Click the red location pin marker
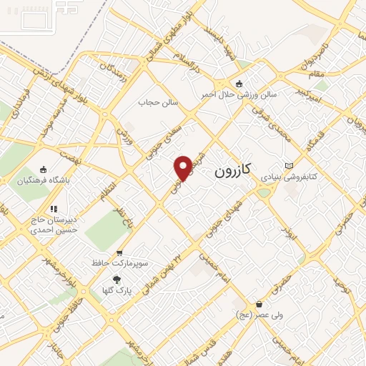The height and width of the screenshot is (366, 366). (183, 167)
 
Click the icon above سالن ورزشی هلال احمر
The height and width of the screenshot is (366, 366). (239, 83)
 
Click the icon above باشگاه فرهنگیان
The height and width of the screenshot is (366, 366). (44, 169)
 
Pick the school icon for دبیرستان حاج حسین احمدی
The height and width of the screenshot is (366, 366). (54, 209)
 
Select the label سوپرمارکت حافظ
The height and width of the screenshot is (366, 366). (119, 263)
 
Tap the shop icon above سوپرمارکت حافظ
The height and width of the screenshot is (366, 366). (119, 252)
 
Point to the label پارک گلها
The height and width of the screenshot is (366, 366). (117, 291)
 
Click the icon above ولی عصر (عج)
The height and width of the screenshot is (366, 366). (259, 303)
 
